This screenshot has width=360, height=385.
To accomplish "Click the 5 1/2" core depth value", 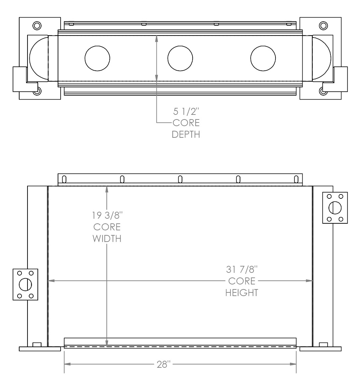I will click(x=185, y=111).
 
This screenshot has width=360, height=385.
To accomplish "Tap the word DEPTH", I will click(x=186, y=135).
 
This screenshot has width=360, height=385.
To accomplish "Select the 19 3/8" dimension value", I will click(x=107, y=216).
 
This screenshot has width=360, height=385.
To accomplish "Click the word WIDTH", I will click(x=107, y=239).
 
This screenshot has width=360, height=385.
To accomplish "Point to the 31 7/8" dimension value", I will click(x=242, y=269).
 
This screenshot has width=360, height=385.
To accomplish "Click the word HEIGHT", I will click(x=242, y=293).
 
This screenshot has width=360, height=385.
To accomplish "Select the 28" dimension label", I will click(x=163, y=364).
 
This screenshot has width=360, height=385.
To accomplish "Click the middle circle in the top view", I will click(x=180, y=58).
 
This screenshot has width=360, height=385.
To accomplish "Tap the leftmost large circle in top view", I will click(x=97, y=58).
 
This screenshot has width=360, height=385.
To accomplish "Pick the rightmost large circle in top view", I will click(x=263, y=58).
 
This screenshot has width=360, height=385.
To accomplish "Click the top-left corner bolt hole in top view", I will click(x=37, y=25).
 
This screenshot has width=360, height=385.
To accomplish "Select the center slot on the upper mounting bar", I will click(x=180, y=180).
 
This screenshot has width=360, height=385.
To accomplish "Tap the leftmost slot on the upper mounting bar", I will click(x=64, y=180).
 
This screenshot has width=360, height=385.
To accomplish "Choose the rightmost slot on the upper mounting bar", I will click(x=296, y=180).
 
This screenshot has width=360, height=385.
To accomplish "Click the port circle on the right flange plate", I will click(x=335, y=208).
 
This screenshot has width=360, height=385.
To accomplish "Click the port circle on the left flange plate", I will click(x=25, y=285).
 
